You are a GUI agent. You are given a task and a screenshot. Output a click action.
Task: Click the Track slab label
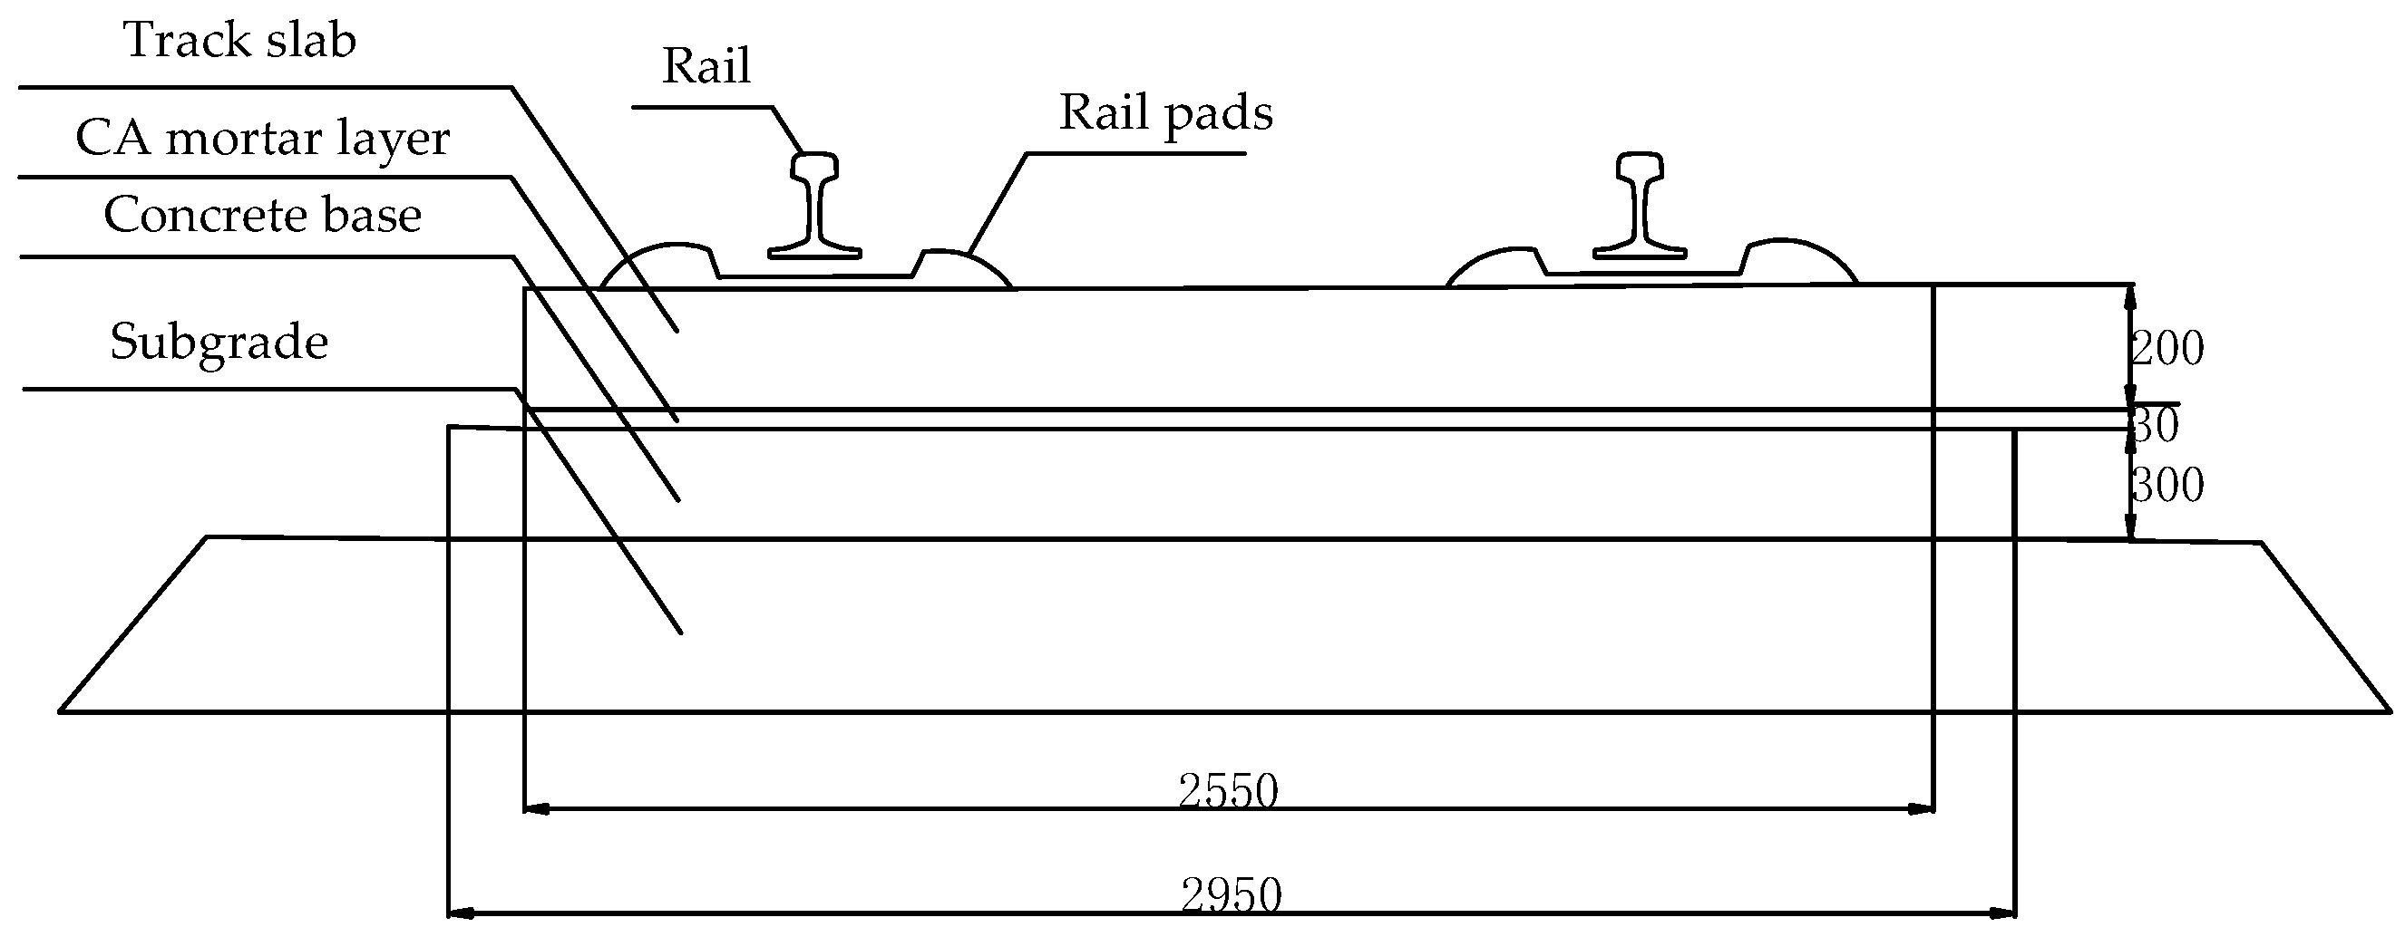(240, 41)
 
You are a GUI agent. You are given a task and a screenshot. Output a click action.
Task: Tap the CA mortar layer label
(262, 139)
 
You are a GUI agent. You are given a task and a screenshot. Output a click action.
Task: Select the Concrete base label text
(262, 216)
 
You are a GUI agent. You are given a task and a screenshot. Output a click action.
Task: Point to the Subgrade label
(219, 342)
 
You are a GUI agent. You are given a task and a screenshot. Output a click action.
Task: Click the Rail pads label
(1165, 114)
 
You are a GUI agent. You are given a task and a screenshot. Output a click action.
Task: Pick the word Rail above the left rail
(706, 66)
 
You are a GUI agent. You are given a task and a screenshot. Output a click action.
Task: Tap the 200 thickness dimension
(2166, 348)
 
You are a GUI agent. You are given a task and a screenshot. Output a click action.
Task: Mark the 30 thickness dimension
(2155, 426)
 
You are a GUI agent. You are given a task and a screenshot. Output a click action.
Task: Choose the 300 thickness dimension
(2166, 486)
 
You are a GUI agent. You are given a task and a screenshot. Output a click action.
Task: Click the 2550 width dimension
(1228, 791)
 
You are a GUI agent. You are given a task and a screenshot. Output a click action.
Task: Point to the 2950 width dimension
(1232, 895)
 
